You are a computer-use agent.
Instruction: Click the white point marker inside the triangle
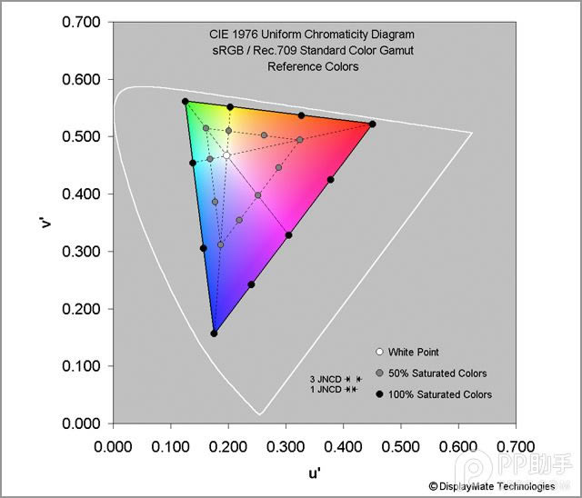point(226,155)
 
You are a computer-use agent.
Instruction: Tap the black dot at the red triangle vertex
point(372,124)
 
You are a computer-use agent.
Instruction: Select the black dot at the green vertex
point(186,102)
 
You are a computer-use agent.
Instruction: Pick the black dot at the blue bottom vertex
point(214,334)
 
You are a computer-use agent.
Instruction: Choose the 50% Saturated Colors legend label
point(437,373)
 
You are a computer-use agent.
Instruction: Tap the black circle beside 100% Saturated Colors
point(378,394)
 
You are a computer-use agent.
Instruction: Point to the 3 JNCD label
point(326,378)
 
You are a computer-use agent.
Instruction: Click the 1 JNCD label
point(326,390)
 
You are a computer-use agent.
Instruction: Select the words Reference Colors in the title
point(313,66)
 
